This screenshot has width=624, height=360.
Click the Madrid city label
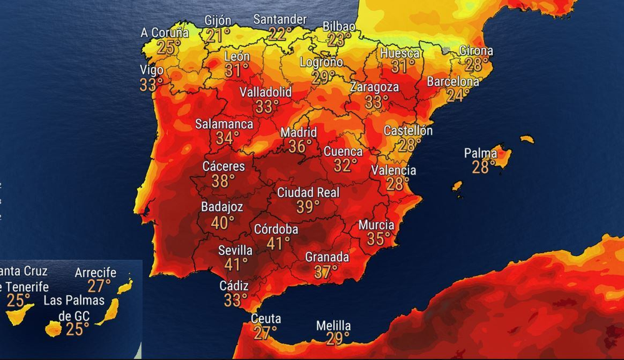tap(298, 133)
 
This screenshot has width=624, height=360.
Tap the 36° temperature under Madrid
tap(300, 147)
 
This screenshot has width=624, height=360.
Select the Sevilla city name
tap(235, 250)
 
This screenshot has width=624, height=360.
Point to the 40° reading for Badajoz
tap(222, 221)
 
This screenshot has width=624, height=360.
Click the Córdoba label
tap(276, 230)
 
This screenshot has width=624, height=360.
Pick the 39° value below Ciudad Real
tap(308, 207)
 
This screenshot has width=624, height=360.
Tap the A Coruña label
tap(165, 32)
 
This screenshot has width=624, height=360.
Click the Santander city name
tap(280, 19)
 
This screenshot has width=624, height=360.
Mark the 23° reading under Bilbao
tap(339, 40)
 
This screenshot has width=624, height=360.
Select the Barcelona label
tap(453, 82)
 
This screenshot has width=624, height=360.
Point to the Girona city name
tap(476, 51)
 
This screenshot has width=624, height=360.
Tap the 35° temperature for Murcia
tap(378, 239)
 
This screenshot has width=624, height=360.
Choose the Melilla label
tap(333, 326)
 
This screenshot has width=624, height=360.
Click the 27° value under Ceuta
tap(265, 333)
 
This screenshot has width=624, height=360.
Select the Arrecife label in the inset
tap(96, 273)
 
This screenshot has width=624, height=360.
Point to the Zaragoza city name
tap(374, 87)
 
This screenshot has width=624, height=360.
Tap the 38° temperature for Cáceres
tap(223, 181)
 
